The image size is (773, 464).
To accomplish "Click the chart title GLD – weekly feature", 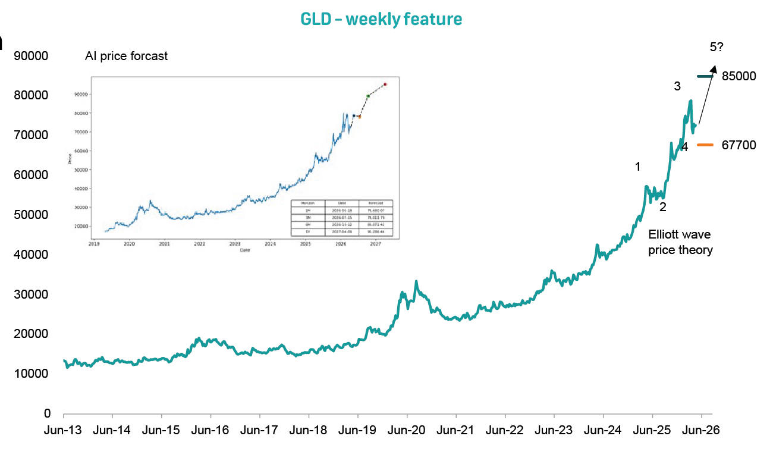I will coord(381,19).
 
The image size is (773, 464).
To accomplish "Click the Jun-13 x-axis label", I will coord(64,429).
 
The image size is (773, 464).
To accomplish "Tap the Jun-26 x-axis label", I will coord(701,429).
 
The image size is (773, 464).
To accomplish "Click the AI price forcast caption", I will coord(126,57).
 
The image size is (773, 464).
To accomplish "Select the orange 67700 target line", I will coord(705,145).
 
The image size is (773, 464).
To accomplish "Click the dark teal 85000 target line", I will coord(705,76).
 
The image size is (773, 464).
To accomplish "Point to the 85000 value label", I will coord(739,76).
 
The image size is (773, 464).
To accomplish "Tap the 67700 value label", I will coord(739,145).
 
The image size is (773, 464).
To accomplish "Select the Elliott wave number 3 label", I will coord(677,86).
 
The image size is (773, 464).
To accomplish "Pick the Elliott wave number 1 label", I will coord(638,167).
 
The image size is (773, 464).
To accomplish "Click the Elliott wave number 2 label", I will coord(663,207).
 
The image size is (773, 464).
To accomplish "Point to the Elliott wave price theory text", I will coord(680,242).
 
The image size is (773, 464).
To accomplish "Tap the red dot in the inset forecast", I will coord(385,84).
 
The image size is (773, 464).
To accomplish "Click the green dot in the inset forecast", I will coord(368,96).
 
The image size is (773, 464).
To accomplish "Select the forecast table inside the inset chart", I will coord(341,218).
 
